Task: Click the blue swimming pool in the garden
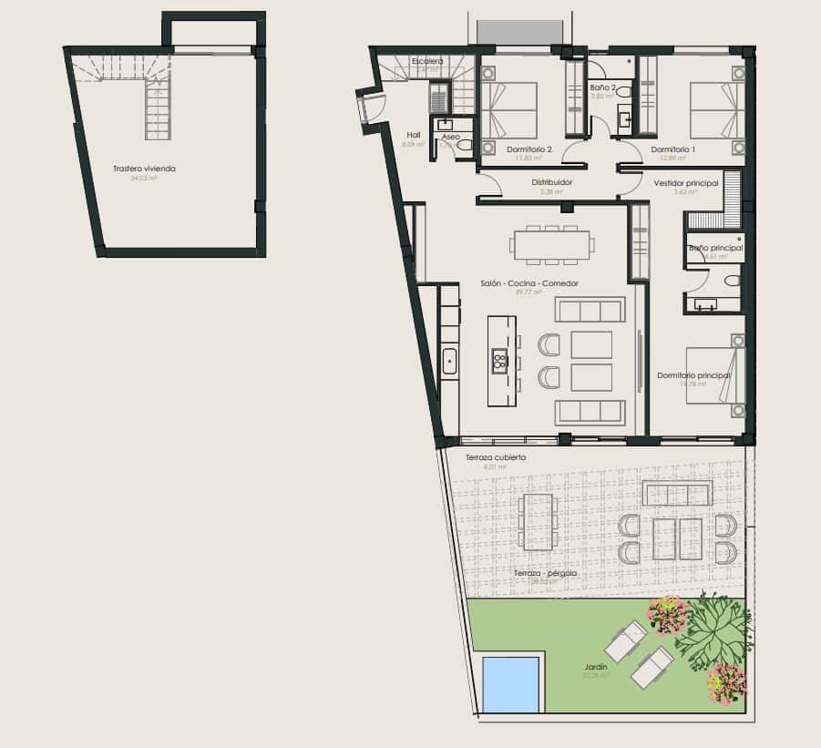tap(510, 684)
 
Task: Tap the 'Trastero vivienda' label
tap(144, 169)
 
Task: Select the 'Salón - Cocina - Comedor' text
tap(529, 283)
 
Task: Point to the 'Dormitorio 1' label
tap(673, 149)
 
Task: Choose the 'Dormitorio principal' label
tap(693, 374)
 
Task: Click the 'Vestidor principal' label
tap(686, 183)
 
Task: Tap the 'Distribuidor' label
tap(552, 182)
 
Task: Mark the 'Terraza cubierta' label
tap(495, 457)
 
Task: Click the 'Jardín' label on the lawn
tap(596, 667)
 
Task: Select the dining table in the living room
tap(552, 244)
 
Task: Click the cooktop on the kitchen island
tap(499, 361)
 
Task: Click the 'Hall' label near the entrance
tap(414, 135)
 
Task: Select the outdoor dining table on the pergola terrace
tap(538, 522)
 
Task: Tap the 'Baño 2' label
tap(602, 87)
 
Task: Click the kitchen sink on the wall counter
tap(448, 362)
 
